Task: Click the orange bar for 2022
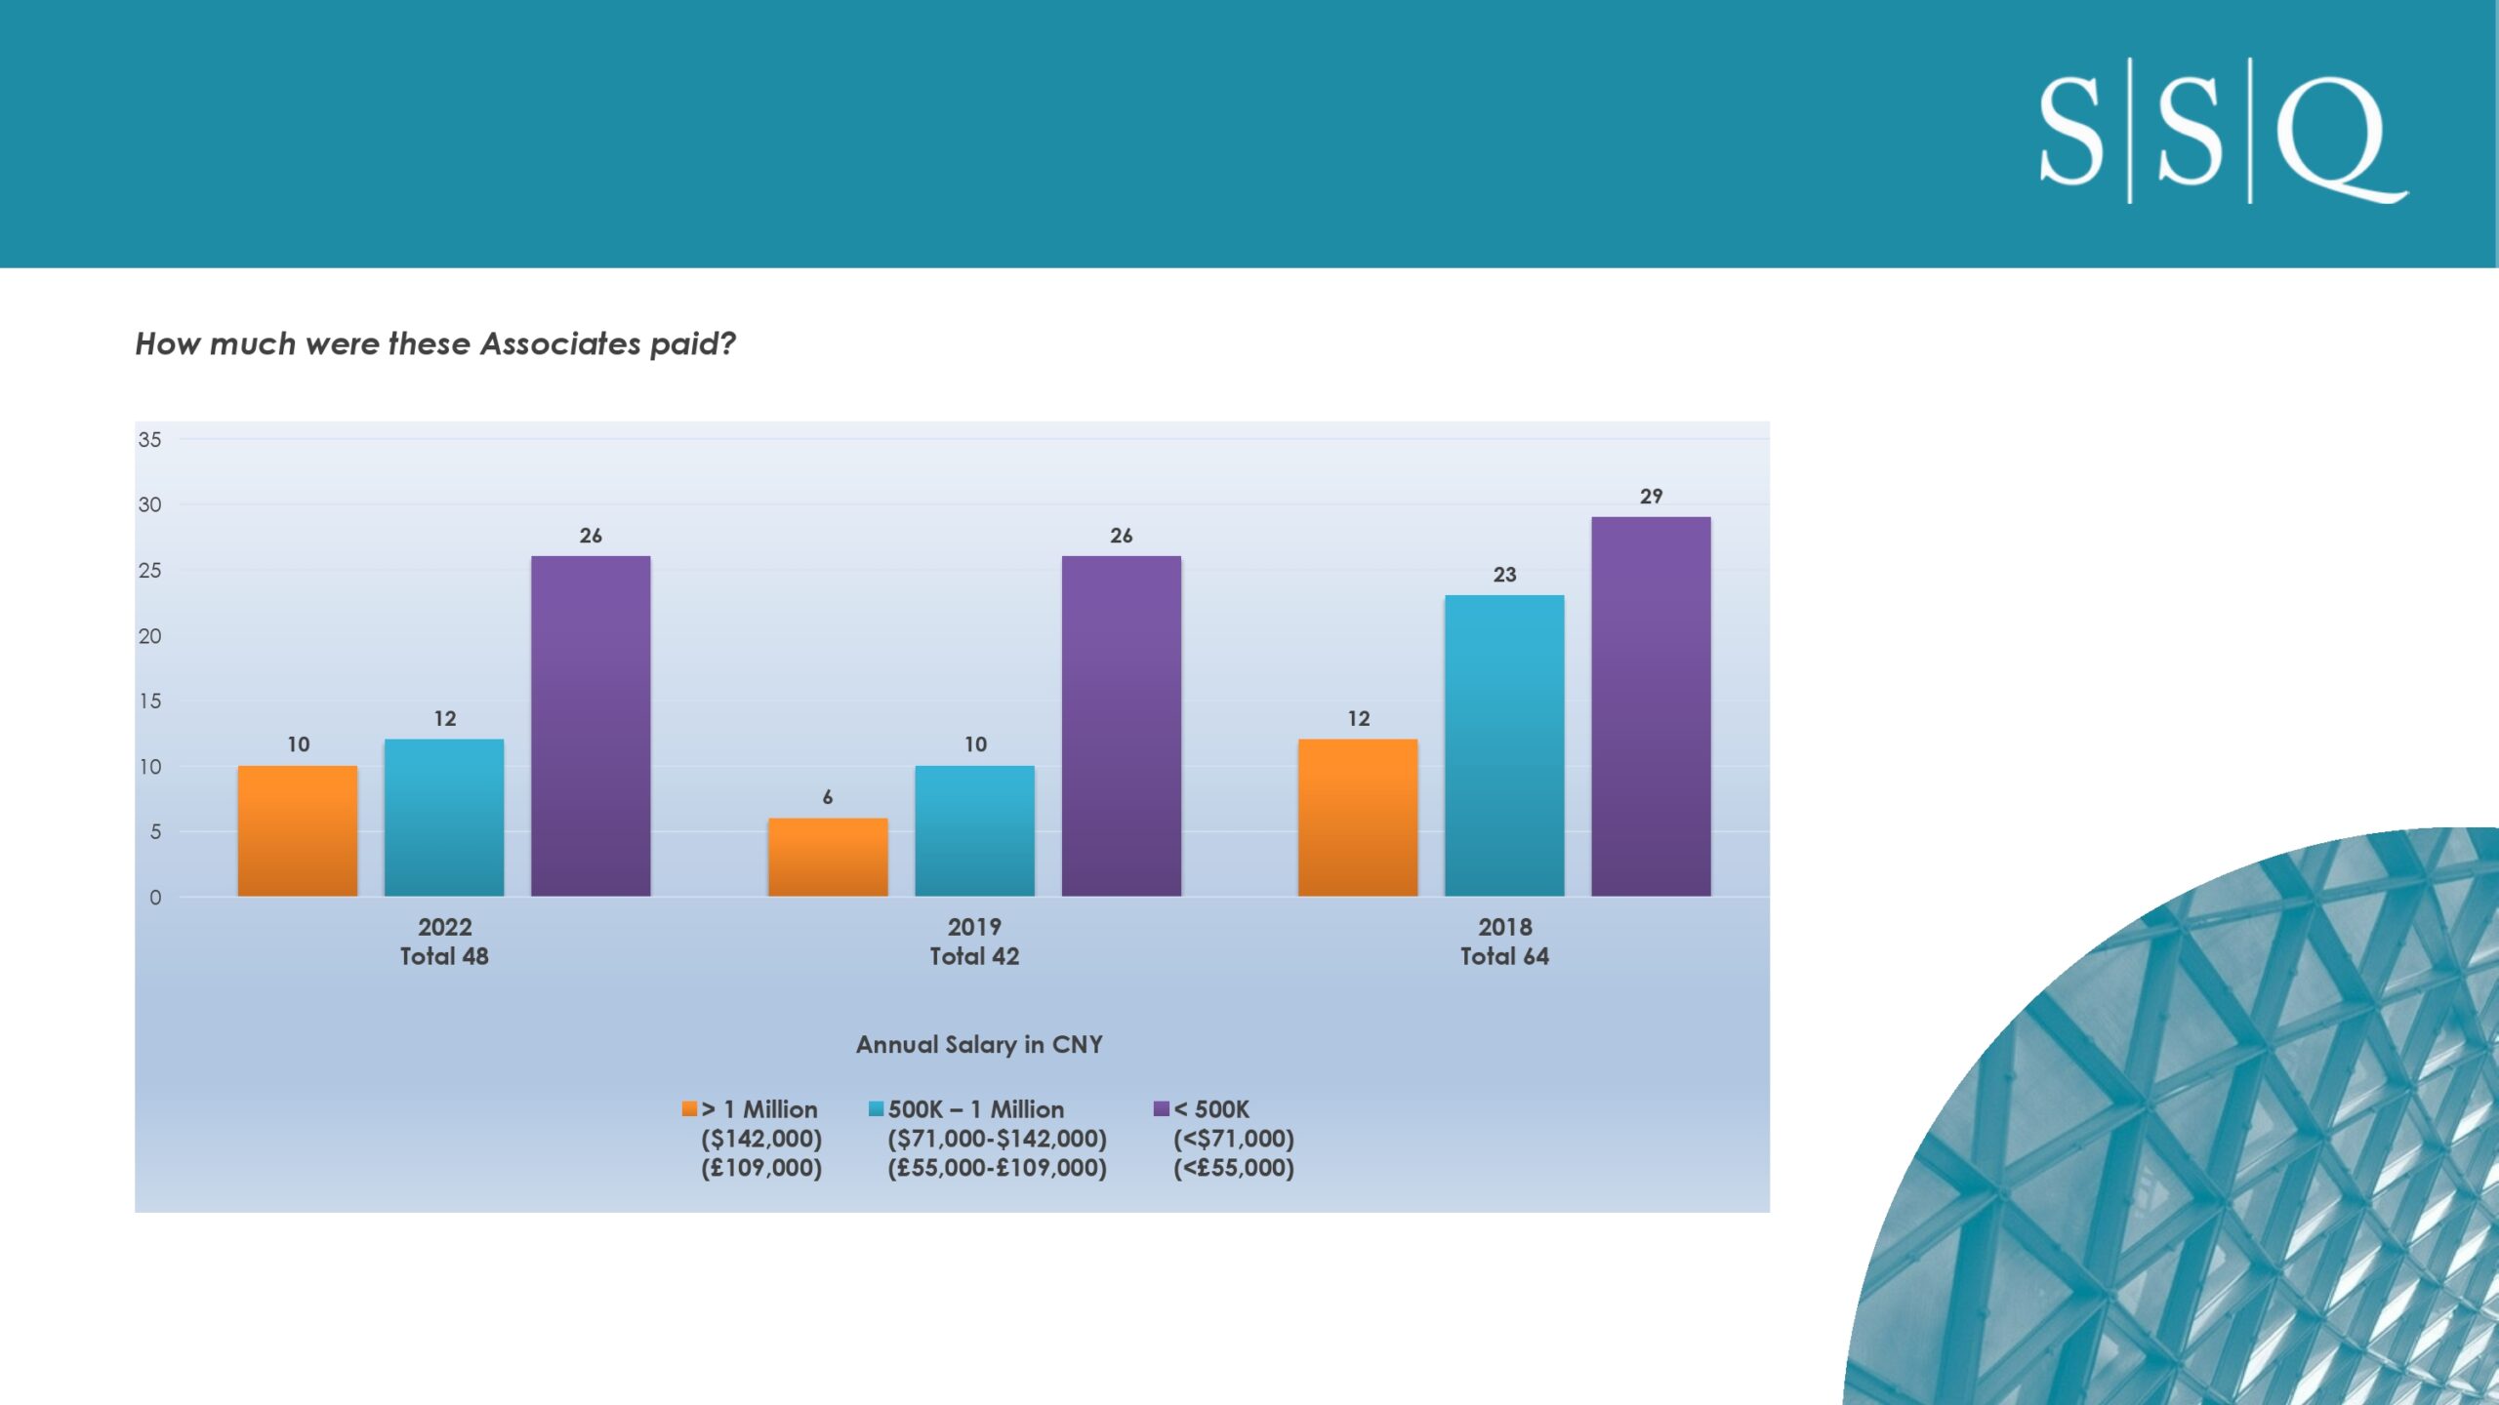point(298,830)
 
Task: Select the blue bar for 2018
point(1504,745)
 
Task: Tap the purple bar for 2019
point(1122,726)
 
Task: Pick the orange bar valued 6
point(828,857)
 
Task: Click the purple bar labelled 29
point(1651,706)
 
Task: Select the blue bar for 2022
point(444,818)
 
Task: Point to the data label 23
point(1504,575)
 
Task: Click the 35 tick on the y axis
point(149,439)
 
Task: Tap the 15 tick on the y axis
point(149,701)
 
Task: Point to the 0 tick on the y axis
point(155,897)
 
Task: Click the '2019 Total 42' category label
point(974,942)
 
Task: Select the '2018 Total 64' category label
point(1504,942)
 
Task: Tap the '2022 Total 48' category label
point(444,942)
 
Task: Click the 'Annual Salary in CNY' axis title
point(979,1044)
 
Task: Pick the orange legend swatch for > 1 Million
point(689,1108)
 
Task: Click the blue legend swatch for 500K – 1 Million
point(876,1108)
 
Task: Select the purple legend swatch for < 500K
point(1162,1108)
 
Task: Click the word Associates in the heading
point(560,343)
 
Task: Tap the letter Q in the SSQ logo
point(2341,139)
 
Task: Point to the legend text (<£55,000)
point(1234,1168)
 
